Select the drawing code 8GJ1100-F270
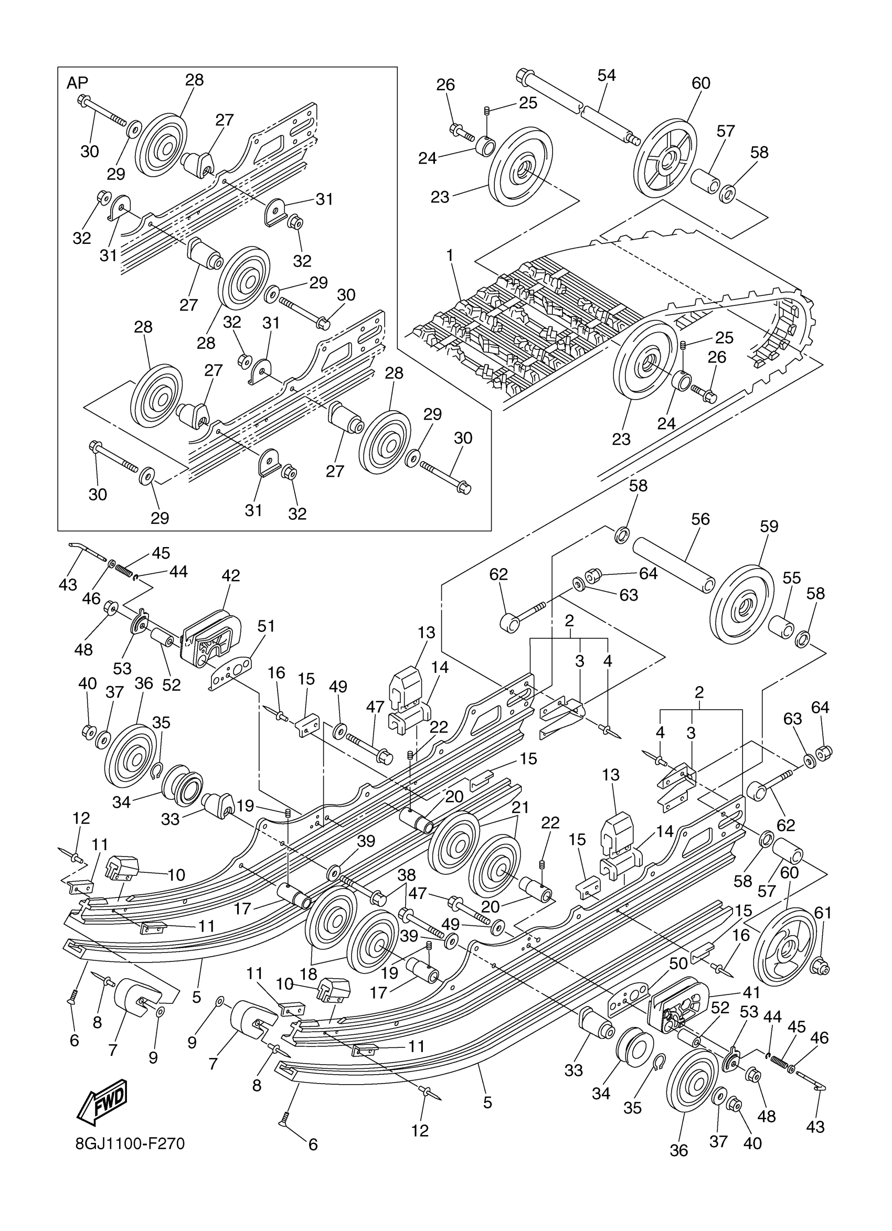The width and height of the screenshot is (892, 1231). [130, 1143]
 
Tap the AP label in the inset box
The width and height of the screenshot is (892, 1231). [77, 83]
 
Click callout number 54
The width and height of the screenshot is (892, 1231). [607, 76]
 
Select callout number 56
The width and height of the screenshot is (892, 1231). [700, 519]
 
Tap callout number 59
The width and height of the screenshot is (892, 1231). [769, 527]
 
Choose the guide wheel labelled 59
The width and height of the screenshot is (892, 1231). [741, 604]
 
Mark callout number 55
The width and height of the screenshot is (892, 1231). [792, 578]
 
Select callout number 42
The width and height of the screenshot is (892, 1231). [231, 575]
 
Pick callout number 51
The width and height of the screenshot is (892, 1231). [266, 626]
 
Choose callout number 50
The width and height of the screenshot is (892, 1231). [678, 964]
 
